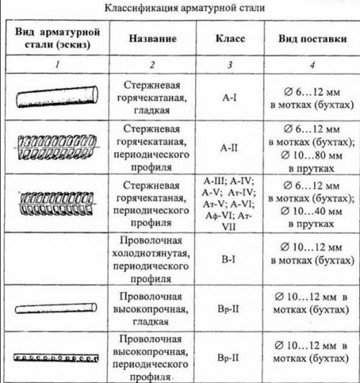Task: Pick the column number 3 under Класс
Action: tap(230, 66)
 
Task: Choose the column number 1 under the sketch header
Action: tap(58, 66)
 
